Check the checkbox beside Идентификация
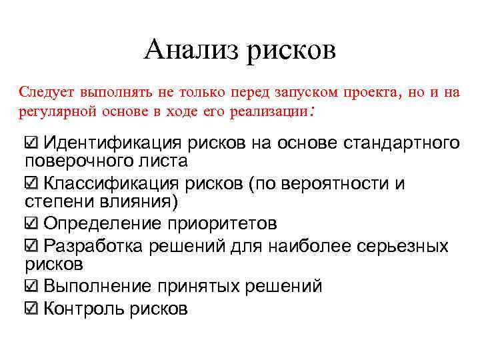point(31,143)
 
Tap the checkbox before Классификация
point(31,183)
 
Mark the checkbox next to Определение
point(31,223)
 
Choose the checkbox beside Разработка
point(31,245)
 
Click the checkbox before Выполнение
point(31,287)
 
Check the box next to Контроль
point(31,309)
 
